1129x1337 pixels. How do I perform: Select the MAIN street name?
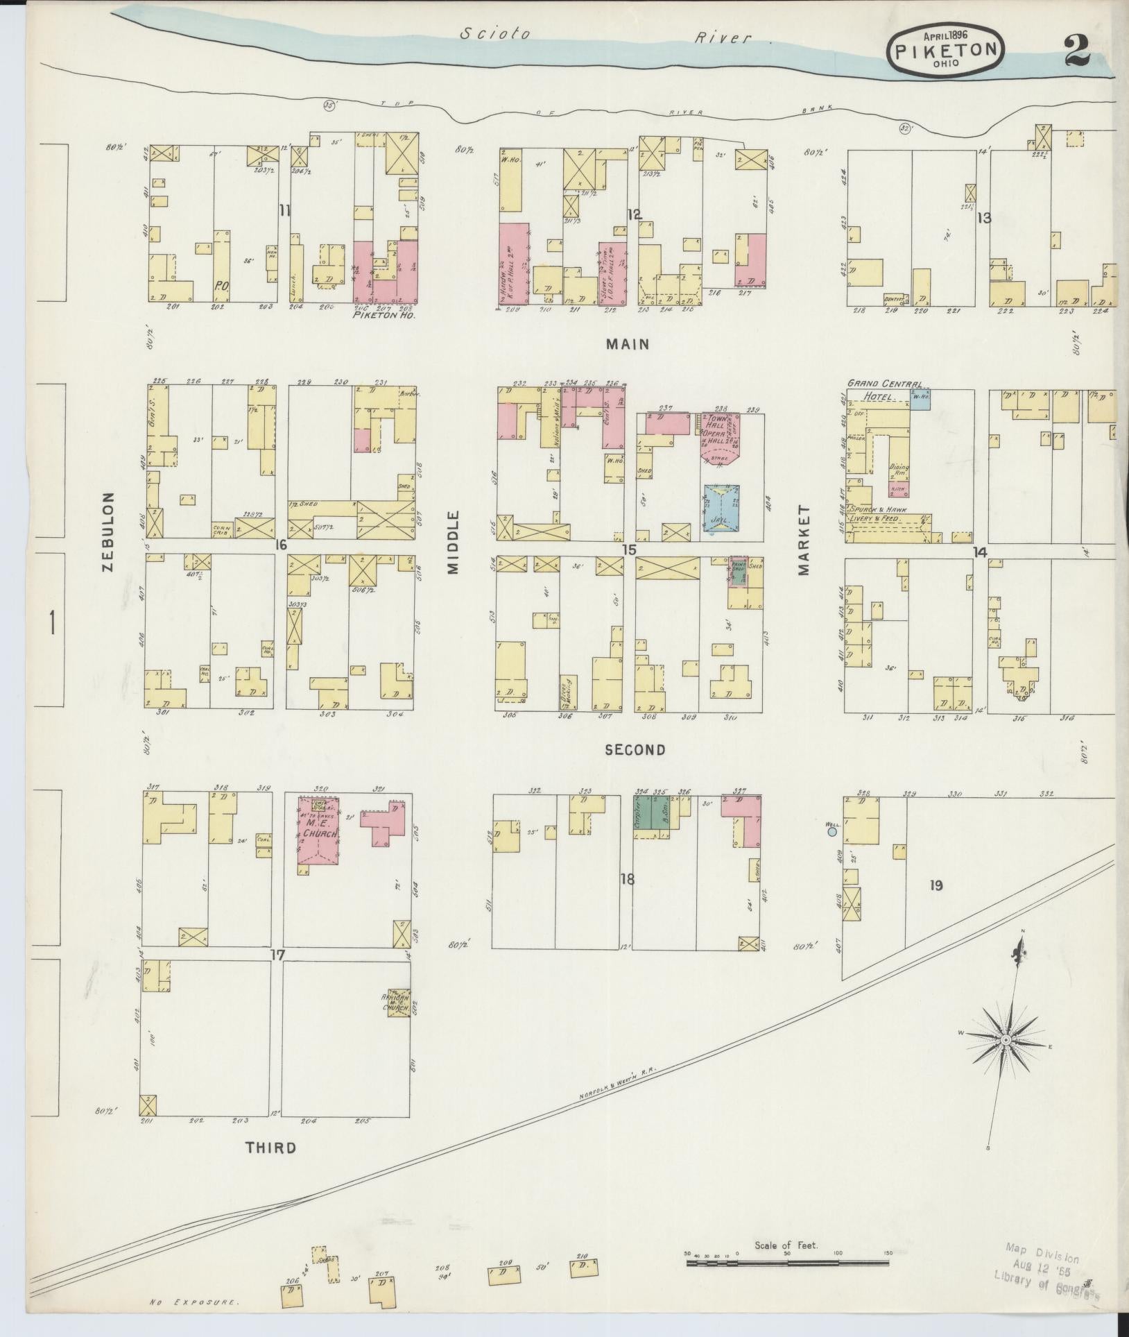(627, 343)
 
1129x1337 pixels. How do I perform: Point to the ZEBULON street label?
(107, 531)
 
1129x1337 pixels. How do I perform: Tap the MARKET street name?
(803, 540)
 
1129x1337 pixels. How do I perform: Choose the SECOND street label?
(635, 749)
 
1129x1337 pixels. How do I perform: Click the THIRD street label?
(270, 1148)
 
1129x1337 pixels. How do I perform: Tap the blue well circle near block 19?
(832, 831)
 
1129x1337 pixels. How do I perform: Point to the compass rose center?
(1005, 1059)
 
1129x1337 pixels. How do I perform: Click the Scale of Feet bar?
(787, 1263)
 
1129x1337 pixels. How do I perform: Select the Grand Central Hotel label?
(884, 389)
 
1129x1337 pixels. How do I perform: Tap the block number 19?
(936, 885)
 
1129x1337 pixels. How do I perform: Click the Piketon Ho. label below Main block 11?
(383, 314)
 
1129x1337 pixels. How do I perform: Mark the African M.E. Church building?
(398, 1002)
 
